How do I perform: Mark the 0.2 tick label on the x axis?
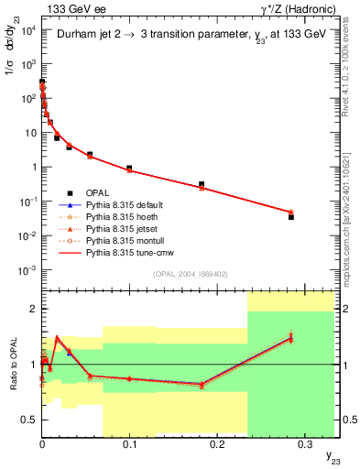[217, 442]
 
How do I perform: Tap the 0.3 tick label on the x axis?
[305, 442]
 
